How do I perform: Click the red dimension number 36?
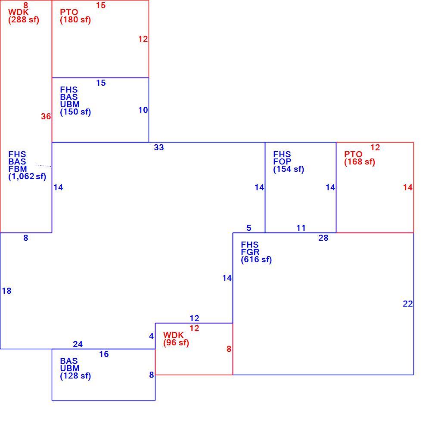coord(46,116)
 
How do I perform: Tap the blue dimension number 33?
coord(159,147)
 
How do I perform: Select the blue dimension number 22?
coord(407,304)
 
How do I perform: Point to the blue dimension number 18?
coord(6,291)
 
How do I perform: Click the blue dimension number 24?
coord(78,344)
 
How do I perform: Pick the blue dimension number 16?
coord(104,354)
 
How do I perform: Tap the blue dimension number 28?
coord(323,238)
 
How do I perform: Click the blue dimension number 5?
coord(249,228)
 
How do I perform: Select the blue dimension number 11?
coord(301,228)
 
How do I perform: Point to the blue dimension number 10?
coord(143,110)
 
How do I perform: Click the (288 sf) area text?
coord(24,20)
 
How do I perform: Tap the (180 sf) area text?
coord(75,20)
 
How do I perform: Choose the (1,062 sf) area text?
coord(27,177)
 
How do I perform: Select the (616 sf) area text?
coord(256,260)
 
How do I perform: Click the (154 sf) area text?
coord(289,169)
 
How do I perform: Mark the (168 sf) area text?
coord(360,162)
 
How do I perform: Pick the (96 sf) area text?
coord(176,343)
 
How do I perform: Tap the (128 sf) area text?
coord(75,376)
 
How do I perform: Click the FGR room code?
coord(250,252)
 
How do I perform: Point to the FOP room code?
coord(283,162)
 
